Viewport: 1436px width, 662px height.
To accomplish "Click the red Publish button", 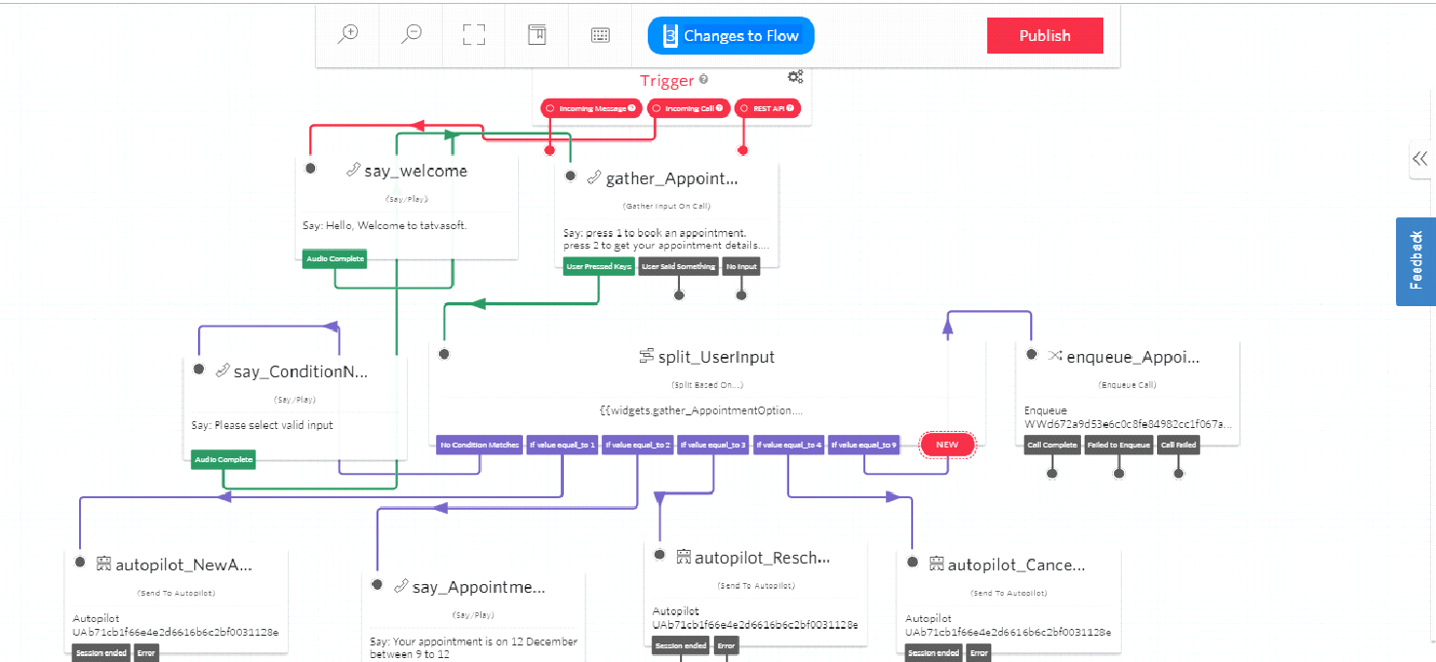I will [x=1045, y=36].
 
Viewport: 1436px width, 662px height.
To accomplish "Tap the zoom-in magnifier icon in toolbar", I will [x=348, y=34].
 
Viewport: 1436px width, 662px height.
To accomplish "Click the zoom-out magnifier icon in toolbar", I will [x=412, y=34].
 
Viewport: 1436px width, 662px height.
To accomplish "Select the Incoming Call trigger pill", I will [x=689, y=108].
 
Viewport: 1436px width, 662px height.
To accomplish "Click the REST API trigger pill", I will [x=768, y=108].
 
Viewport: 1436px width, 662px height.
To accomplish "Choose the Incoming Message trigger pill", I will [x=591, y=108].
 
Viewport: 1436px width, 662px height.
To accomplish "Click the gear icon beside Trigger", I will [x=795, y=77].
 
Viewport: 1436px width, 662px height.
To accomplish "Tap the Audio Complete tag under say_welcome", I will [x=335, y=258].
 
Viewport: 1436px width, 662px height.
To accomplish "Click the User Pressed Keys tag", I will [x=598, y=266].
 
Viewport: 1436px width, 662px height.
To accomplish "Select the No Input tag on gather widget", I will [x=740, y=266].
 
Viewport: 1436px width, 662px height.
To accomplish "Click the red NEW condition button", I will [x=947, y=445].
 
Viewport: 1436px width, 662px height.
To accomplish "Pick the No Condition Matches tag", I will [x=479, y=446].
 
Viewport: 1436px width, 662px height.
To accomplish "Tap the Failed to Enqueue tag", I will [x=1119, y=446].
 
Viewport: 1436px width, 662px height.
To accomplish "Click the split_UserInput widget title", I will [x=716, y=357].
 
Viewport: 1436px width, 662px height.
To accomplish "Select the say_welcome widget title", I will [x=416, y=171].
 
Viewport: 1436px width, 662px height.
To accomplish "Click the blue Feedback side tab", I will [x=1416, y=260].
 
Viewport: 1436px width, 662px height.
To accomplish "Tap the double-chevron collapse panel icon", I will [x=1419, y=159].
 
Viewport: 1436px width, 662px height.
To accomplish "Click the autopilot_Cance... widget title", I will [x=1016, y=565].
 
